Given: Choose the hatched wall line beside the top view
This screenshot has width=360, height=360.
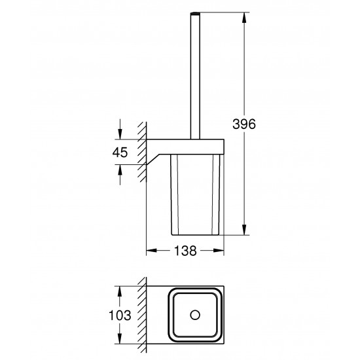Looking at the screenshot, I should (141, 314).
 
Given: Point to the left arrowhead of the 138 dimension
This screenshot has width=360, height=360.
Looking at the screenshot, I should (149, 251).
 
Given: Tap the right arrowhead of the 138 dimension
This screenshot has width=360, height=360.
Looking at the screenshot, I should (220, 251).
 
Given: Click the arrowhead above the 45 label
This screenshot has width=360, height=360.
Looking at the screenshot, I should (119, 135).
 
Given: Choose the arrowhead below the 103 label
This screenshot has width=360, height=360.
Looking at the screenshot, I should (119, 339).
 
